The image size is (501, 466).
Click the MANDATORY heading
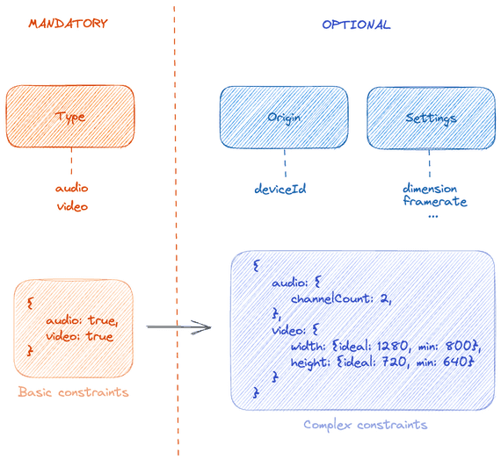68,24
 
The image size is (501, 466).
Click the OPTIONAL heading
356,25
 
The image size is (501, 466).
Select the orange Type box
70,117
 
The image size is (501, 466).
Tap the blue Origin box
285,117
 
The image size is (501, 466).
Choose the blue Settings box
431,118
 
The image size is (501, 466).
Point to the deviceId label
280,188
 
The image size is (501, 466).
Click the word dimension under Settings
430,188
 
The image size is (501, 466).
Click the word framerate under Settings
434,201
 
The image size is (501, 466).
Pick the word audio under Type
72,188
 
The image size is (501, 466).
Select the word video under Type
72,206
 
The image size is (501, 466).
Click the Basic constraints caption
73,392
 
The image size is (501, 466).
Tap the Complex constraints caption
365,425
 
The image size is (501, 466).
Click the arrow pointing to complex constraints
179,328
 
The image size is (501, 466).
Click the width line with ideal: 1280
384,347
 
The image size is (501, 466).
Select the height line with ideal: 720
381,362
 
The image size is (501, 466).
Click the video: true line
79,336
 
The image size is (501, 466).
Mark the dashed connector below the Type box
71,162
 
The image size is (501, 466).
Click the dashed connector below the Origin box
285,162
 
